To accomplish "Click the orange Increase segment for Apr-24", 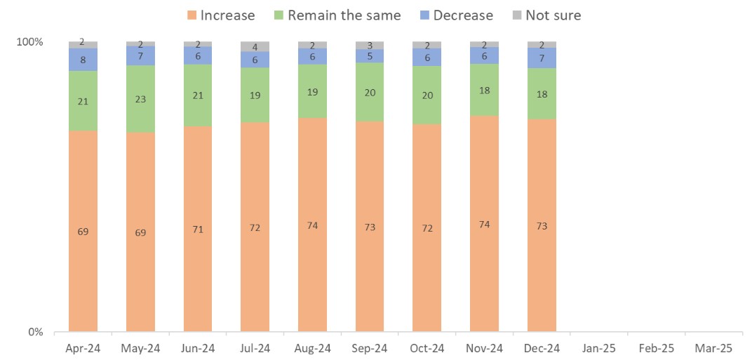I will tap(83, 230).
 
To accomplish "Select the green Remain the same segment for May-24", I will tap(140, 99).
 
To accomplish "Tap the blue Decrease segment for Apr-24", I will tap(83, 60).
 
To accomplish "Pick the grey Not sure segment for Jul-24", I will tap(255, 47).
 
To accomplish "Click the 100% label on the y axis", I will tap(29, 42).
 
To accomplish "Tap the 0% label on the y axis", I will tap(35, 332).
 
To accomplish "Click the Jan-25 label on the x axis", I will tap(598, 348).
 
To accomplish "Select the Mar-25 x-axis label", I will tap(713, 348).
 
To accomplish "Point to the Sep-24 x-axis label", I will tap(369, 348).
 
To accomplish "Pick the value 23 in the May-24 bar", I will tap(140, 99).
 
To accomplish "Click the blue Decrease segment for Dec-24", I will tap(542, 58).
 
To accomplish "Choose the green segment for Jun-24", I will tap(197, 95).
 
